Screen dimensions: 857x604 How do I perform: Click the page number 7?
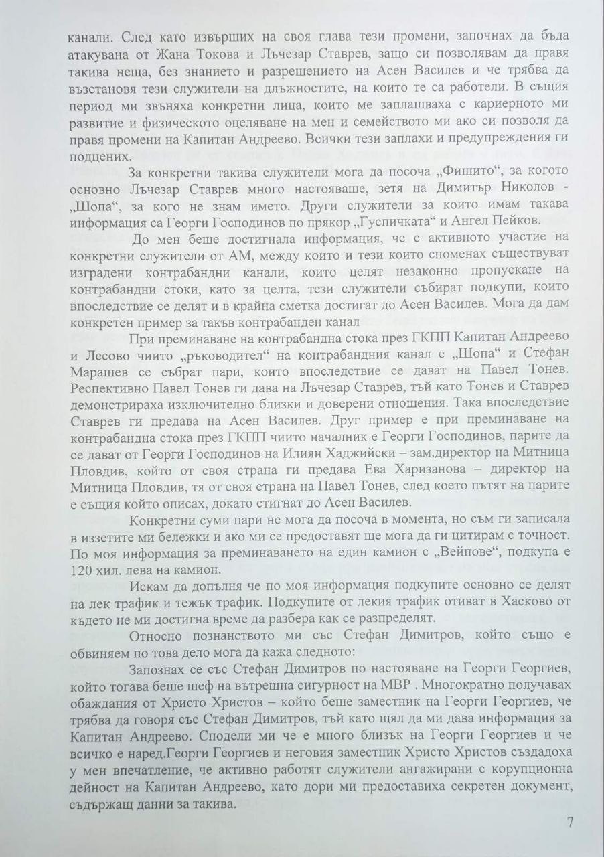point(570,821)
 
